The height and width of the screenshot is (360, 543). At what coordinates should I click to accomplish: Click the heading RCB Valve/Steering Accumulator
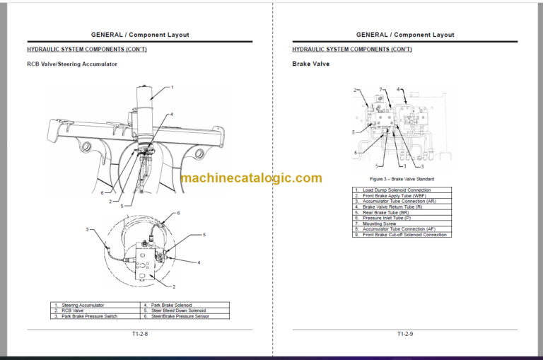click(71, 64)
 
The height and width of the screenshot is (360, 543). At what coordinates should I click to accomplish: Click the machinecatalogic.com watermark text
click(251, 178)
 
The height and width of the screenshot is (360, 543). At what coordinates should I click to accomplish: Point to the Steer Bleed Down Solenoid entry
click(177, 310)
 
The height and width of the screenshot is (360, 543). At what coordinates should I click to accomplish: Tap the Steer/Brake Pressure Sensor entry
click(179, 316)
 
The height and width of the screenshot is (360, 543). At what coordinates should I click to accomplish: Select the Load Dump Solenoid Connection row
click(397, 190)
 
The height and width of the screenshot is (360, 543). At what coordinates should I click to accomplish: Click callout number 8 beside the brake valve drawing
click(354, 132)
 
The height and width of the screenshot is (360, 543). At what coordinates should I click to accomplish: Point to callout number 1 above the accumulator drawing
click(171, 88)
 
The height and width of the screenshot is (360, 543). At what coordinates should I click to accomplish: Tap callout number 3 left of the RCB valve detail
click(87, 229)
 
